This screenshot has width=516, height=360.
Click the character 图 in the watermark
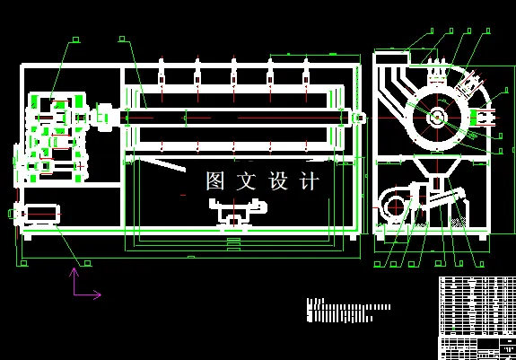[217, 181]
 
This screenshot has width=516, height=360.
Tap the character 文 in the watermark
[249, 181]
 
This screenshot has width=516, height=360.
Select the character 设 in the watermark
[279, 181]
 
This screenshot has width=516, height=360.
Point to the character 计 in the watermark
[309, 181]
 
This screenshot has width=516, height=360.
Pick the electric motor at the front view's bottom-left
[39, 214]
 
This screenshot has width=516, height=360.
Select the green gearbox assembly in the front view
[54, 135]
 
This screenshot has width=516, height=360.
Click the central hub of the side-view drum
[437, 116]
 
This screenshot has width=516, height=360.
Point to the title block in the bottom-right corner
[476, 347]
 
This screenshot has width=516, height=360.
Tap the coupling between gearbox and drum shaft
[103, 117]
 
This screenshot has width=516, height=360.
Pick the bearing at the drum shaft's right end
[358, 117]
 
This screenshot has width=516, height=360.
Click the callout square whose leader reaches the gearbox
[75, 40]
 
